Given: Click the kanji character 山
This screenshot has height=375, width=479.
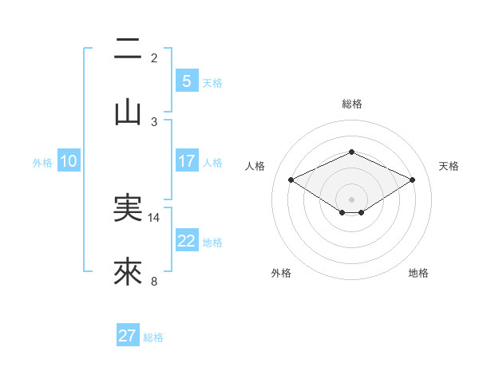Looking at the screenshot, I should pyautogui.click(x=128, y=112).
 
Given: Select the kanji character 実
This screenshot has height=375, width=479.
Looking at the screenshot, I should pyautogui.click(x=128, y=208).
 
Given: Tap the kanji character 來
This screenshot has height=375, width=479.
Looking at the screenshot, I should pyautogui.click(x=128, y=272).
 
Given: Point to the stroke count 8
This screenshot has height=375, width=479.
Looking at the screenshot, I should pyautogui.click(x=154, y=281).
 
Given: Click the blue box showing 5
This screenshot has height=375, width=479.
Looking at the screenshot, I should pyautogui.click(x=186, y=81).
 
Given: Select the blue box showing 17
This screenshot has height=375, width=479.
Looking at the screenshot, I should pyautogui.click(x=186, y=161).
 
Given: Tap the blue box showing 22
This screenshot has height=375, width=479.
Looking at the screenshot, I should pyautogui.click(x=186, y=241).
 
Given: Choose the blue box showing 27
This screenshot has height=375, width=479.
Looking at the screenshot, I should pyautogui.click(x=128, y=336).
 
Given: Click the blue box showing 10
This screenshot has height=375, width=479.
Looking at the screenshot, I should pyautogui.click(x=69, y=161).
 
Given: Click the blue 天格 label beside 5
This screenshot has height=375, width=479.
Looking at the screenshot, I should pyautogui.click(x=212, y=83).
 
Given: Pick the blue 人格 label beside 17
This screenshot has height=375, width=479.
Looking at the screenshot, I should pyautogui.click(x=212, y=163).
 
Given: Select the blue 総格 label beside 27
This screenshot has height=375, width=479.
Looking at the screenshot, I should pyautogui.click(x=153, y=337).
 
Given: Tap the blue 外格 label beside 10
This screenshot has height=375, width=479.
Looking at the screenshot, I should pyautogui.click(x=42, y=163).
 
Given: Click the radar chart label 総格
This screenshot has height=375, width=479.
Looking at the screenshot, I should pyautogui.click(x=351, y=104).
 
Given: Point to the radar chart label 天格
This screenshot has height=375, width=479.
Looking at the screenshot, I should pyautogui.click(x=449, y=166).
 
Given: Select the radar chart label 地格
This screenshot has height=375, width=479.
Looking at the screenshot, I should pyautogui.click(x=418, y=273).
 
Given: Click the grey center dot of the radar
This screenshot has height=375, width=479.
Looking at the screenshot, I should pyautogui.click(x=351, y=199).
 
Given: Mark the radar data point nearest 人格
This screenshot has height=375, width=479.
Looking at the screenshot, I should pyautogui.click(x=291, y=180).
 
